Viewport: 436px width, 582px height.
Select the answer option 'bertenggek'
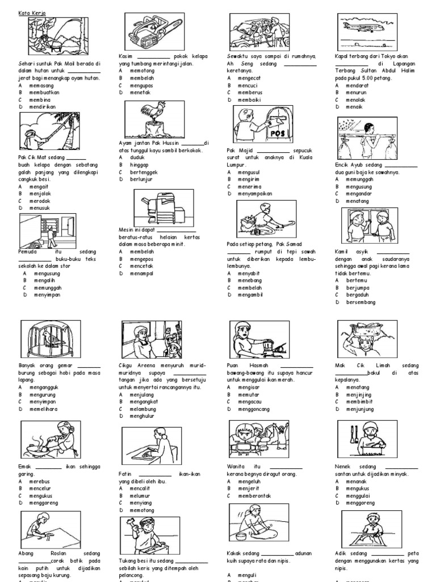point(144,171)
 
